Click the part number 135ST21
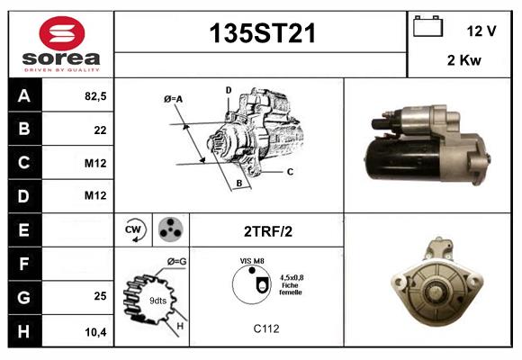coord(262,33)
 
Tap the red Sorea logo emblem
coord(62,33)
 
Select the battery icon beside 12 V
coord(427,26)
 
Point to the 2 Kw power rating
coord(464,60)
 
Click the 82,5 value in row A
coord(95,96)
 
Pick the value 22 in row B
coord(100,130)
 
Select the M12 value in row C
coord(95,163)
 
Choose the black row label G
coord(24,297)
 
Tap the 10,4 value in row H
coord(95,332)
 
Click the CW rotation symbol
coord(133,229)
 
